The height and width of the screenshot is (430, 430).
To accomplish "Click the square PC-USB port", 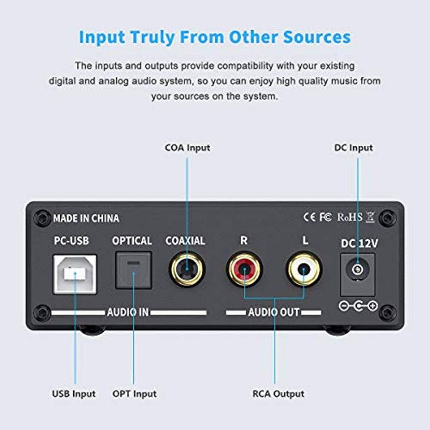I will [x=75, y=273].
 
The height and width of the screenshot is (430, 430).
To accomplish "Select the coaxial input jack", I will [x=187, y=269].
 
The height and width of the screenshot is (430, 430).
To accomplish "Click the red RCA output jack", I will [x=243, y=269].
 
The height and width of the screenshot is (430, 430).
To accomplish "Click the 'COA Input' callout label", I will [x=187, y=147].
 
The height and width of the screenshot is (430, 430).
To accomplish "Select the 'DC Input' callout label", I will [x=353, y=147].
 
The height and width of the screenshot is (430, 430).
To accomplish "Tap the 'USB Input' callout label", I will [x=74, y=393].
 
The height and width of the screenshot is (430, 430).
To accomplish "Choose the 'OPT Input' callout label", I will [x=135, y=393].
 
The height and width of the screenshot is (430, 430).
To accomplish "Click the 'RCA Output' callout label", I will [x=278, y=393].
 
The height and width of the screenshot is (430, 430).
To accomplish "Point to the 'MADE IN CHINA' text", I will [x=86, y=218].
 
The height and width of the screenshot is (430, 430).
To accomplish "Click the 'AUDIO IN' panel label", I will [x=127, y=312].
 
